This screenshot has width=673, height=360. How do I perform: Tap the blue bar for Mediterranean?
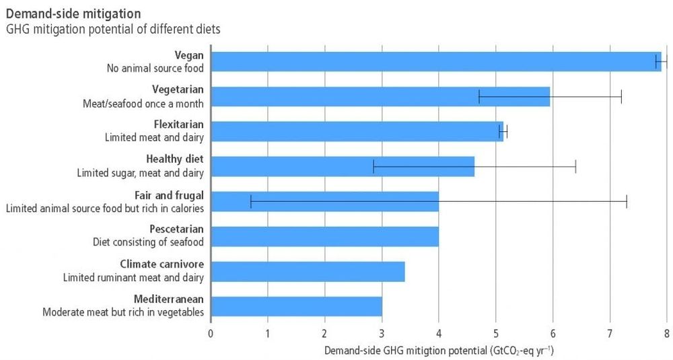(297, 305)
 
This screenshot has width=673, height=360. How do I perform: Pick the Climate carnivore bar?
(308, 271)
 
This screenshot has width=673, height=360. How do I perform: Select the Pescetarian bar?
(325, 236)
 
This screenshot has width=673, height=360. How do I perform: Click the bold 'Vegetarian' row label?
(178, 89)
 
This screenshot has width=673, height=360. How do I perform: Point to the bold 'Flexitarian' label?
(178, 124)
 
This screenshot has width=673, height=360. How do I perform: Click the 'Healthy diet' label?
(174, 159)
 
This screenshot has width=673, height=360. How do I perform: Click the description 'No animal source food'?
(155, 67)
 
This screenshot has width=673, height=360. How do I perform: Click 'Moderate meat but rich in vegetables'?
(123, 312)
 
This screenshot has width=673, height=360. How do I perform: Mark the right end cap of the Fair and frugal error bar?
(627, 201)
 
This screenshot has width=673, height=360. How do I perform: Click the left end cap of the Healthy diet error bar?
(374, 166)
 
